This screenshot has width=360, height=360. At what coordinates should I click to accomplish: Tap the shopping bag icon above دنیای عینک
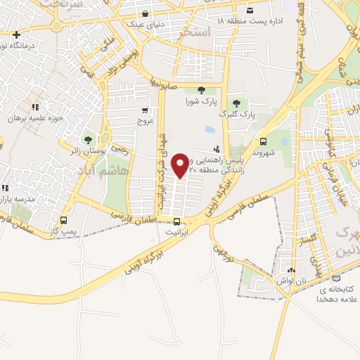coord(145,13)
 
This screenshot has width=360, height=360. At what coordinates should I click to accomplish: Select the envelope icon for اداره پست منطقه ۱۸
coord(249,10)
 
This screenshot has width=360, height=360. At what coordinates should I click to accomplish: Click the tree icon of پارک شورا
coord(202,89)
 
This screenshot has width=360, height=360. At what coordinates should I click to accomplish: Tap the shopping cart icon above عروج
coord(145,110)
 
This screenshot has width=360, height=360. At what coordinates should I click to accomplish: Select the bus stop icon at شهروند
coord(263,141)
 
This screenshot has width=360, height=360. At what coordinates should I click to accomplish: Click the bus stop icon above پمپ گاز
coord(65,219)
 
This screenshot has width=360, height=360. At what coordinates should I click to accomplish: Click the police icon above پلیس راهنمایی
coord(217,149)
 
